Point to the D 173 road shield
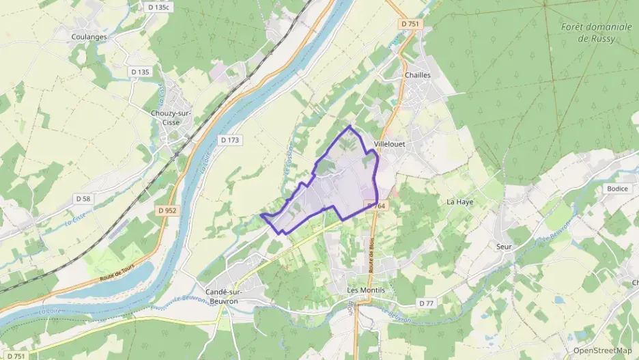click(230, 140)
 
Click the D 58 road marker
click(83, 199)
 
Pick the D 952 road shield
click(166, 210)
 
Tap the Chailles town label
click(418, 75)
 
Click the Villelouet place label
click(390, 144)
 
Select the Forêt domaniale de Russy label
click(586, 33)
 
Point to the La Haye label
click(459, 202)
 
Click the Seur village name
click(505, 246)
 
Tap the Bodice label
click(616, 189)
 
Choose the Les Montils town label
click(366, 290)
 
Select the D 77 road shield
click(427, 303)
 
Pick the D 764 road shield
click(376, 206)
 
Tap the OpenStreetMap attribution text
click(601, 350)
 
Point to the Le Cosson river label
click(288, 160)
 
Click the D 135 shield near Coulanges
click(139, 72)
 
